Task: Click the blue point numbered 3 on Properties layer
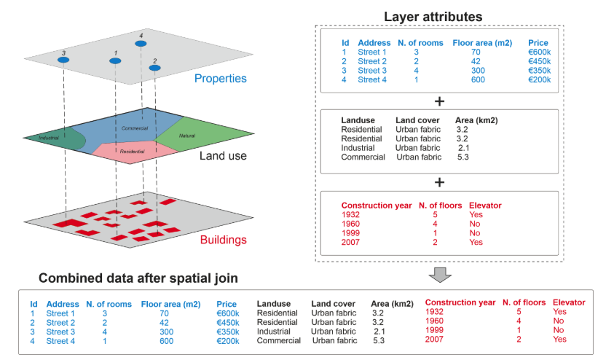[x=63, y=60]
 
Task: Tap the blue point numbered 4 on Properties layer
[x=141, y=44]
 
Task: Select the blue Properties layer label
[x=221, y=79]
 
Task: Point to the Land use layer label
[x=223, y=155]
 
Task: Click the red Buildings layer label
[x=223, y=239]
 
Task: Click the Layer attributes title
[x=433, y=17]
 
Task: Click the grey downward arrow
[x=440, y=275]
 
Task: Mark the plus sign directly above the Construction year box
[x=439, y=182]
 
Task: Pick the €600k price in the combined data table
[x=228, y=313]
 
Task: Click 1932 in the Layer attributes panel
[x=350, y=215]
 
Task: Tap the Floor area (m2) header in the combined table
[x=170, y=305]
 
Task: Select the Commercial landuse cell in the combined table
[x=279, y=341]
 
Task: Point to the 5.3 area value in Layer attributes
[x=463, y=157]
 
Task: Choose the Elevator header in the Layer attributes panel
[x=485, y=206]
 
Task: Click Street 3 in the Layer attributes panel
[x=372, y=71]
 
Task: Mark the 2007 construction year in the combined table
[x=434, y=340]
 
